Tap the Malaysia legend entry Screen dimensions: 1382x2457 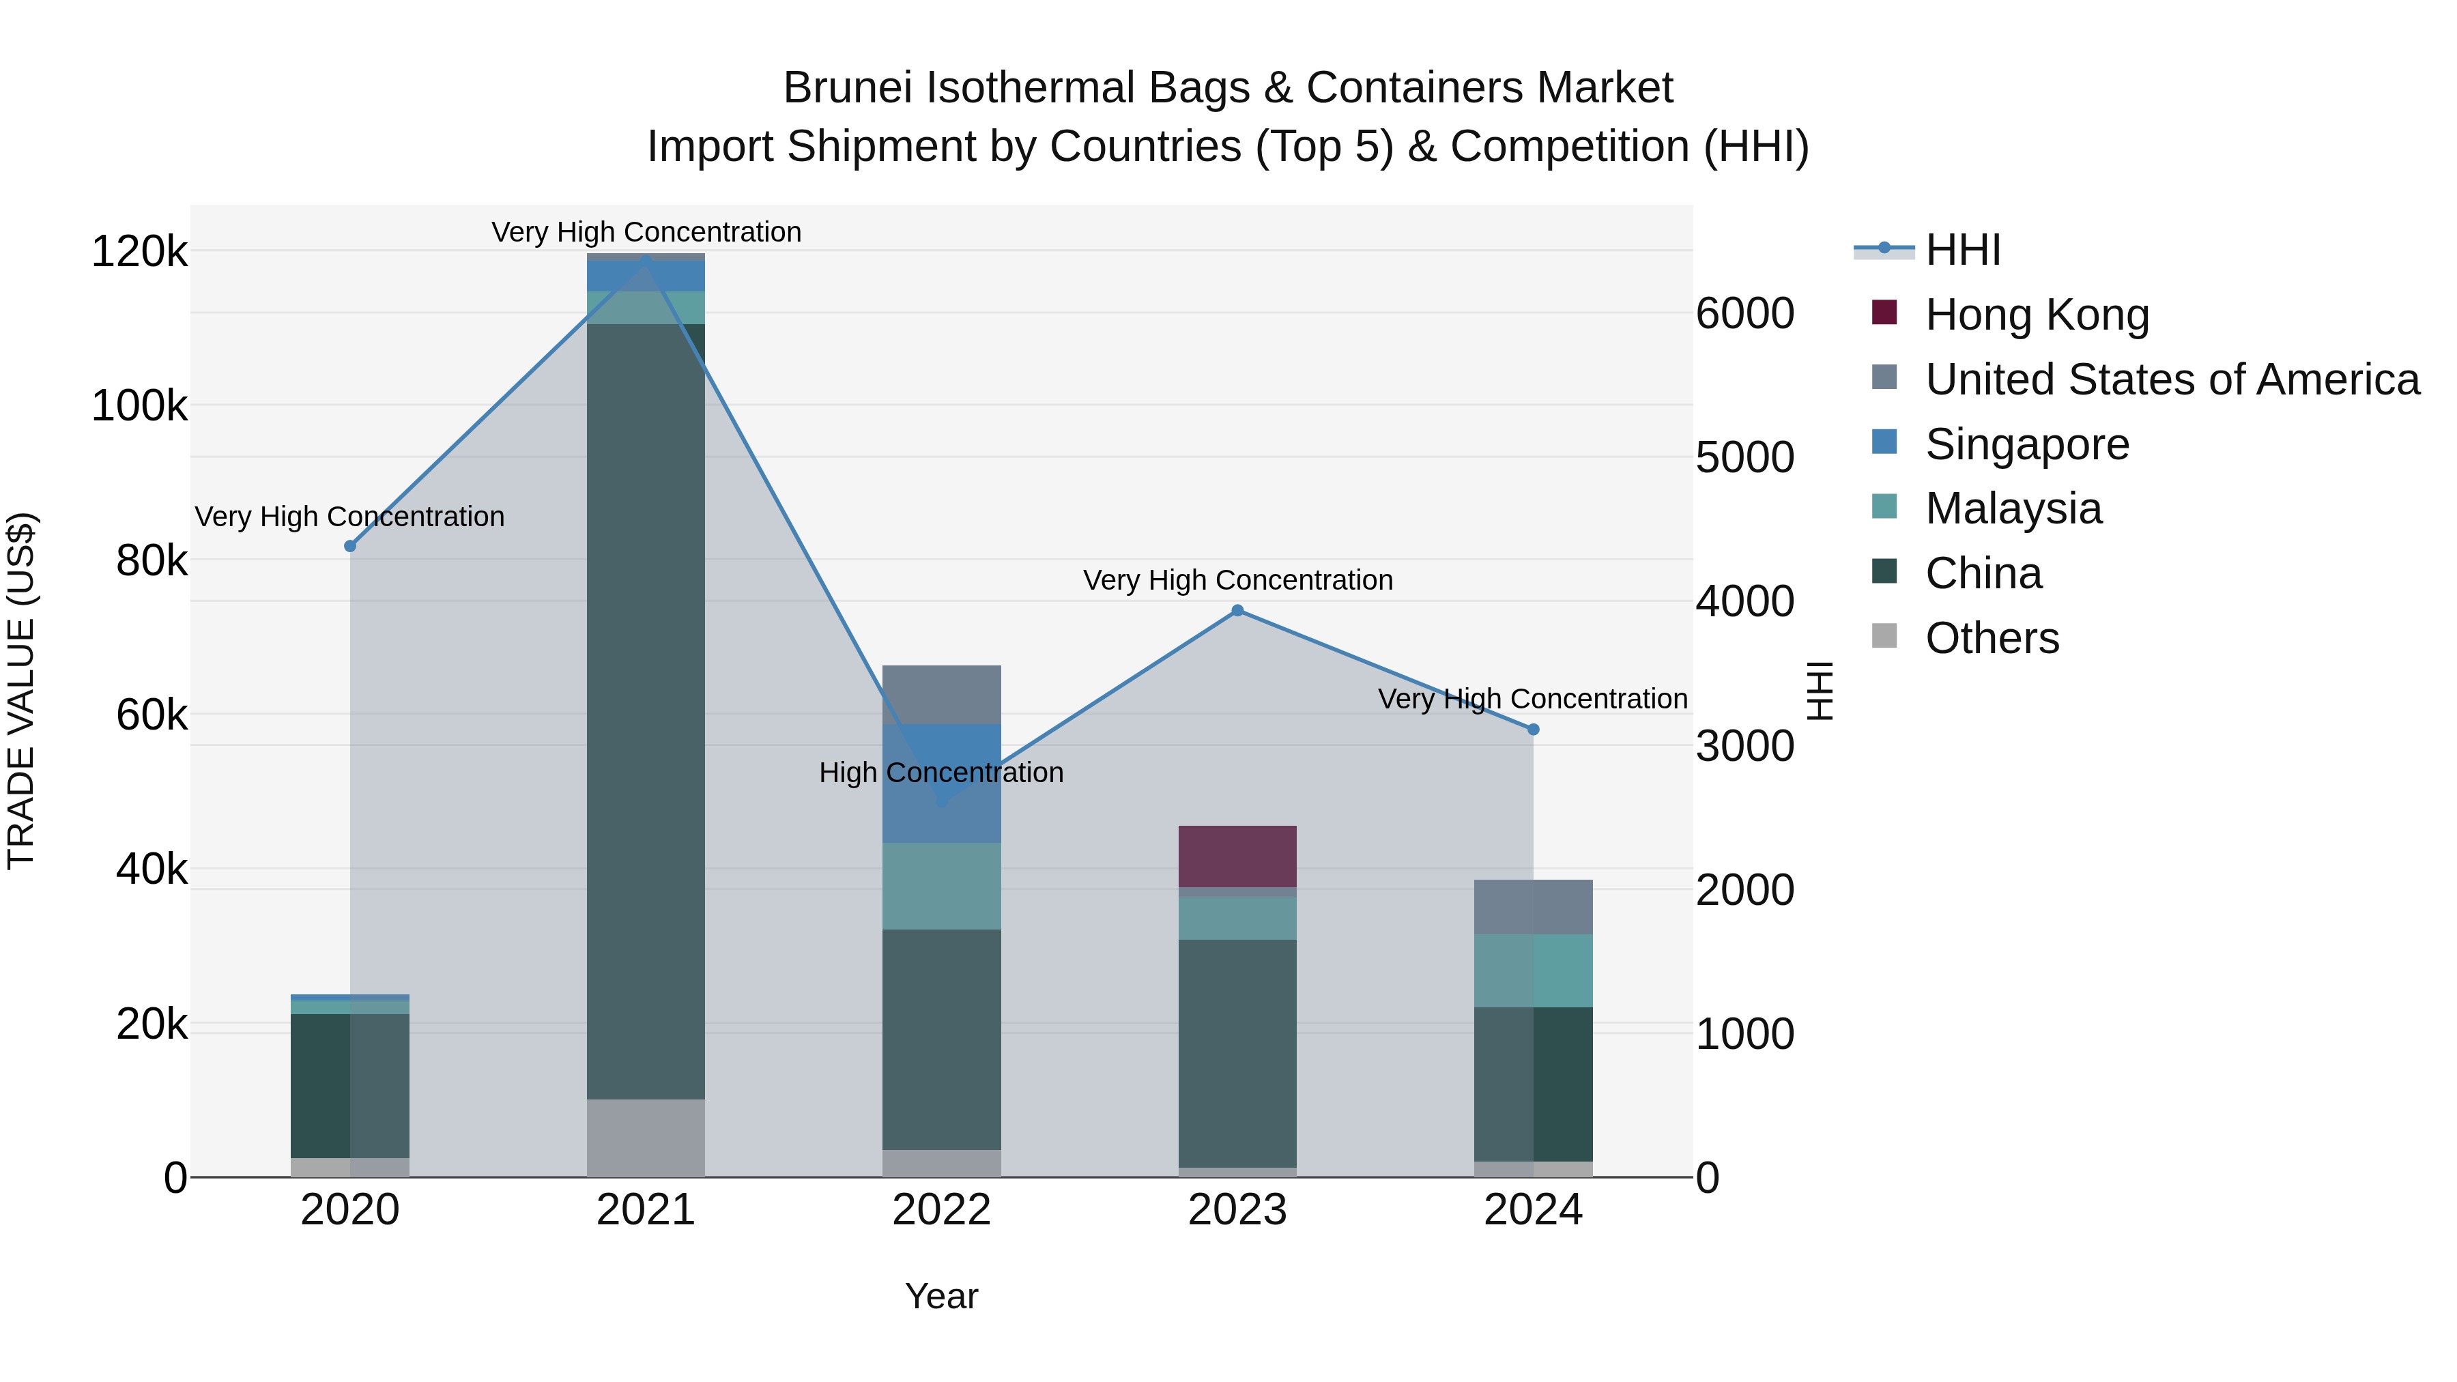[x=2013, y=509]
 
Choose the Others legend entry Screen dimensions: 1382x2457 [x=1992, y=638]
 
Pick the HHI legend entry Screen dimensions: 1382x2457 [x=1962, y=250]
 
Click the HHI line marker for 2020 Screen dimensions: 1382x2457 [x=350, y=547]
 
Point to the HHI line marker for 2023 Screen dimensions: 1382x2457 [x=1237, y=610]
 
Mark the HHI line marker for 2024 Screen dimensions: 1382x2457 [x=1534, y=730]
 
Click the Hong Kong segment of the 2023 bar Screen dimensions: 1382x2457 [x=1237, y=856]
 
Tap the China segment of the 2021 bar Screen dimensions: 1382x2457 [x=646, y=710]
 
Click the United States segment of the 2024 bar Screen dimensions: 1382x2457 [x=1534, y=907]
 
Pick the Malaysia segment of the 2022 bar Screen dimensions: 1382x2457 [x=941, y=886]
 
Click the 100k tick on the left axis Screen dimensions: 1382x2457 [x=139, y=406]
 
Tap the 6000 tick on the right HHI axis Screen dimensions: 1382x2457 [x=1744, y=314]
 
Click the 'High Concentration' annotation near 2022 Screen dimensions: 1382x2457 [x=940, y=773]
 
